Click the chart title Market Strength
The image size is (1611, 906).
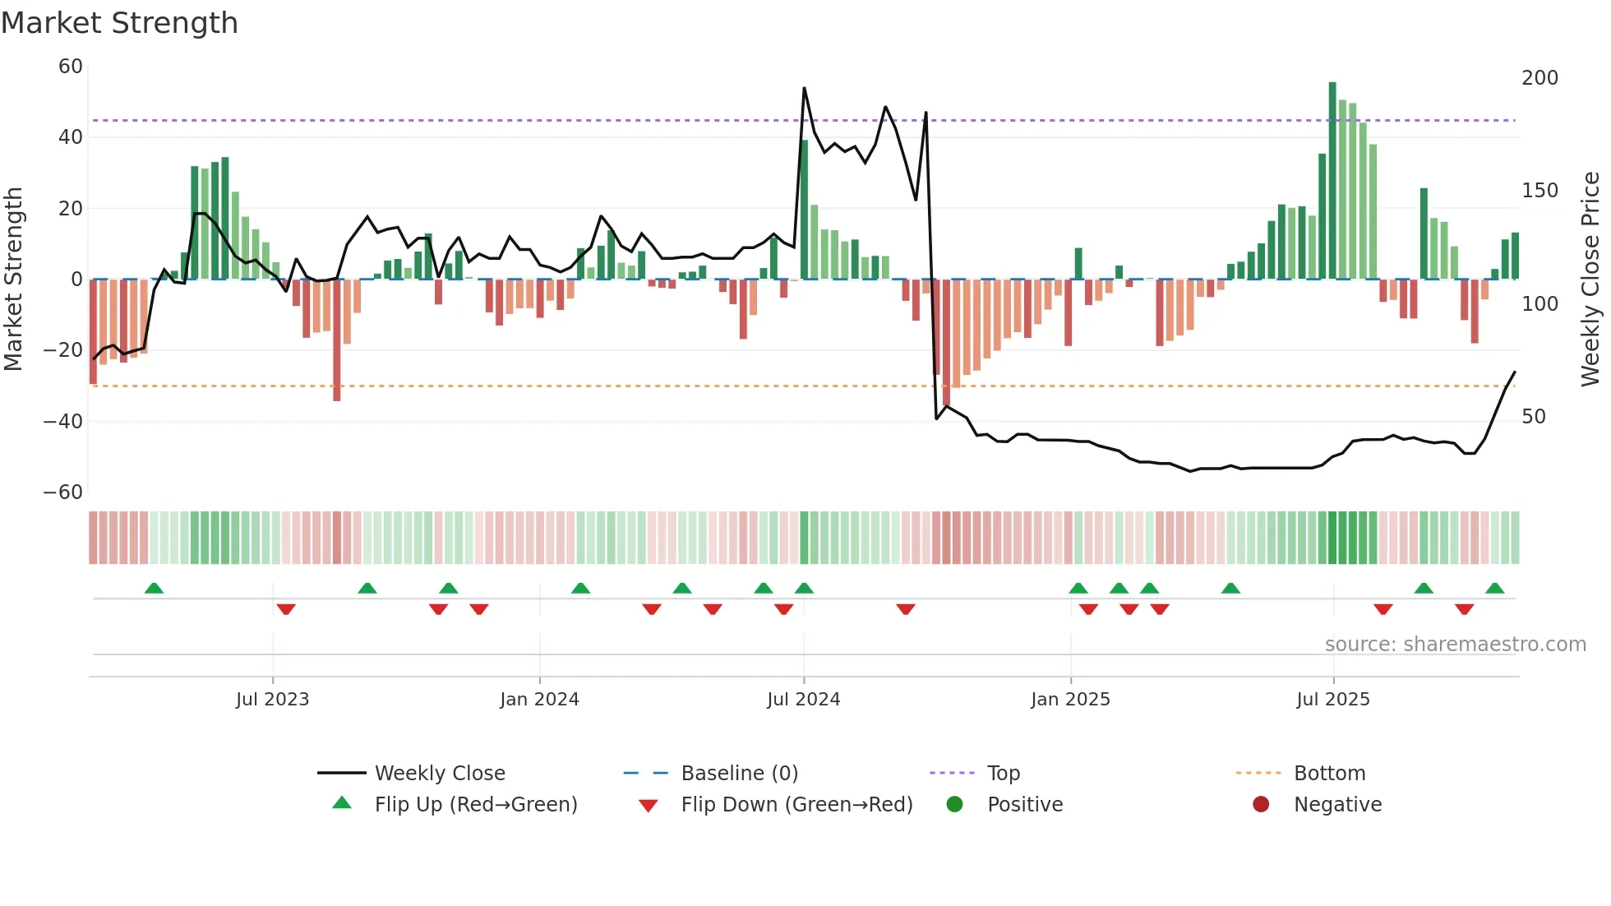[x=119, y=23]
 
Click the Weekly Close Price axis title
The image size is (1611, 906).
[x=1590, y=280]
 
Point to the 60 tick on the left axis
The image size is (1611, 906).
[x=71, y=67]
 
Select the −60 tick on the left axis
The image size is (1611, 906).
[x=63, y=492]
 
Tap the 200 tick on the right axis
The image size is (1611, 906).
[x=1539, y=78]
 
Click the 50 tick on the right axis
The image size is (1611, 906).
[x=1534, y=417]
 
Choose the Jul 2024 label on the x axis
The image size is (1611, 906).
[x=803, y=700]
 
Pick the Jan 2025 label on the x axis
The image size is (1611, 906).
[x=1070, y=700]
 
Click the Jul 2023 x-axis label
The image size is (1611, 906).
[x=272, y=700]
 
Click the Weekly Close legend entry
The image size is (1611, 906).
[x=440, y=774]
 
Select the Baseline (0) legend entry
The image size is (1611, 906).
[x=739, y=774]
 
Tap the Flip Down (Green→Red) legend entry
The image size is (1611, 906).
[x=796, y=805]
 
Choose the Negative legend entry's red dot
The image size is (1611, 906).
[x=1261, y=804]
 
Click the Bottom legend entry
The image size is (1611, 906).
[x=1329, y=774]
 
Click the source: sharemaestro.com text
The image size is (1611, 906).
[x=1455, y=645]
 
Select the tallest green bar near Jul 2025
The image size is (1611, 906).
[x=1332, y=181]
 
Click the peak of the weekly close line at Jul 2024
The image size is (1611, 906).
[x=804, y=88]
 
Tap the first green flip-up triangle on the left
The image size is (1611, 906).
[x=154, y=588]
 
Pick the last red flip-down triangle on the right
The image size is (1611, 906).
[x=1464, y=609]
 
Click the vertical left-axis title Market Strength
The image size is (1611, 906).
[x=14, y=280]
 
